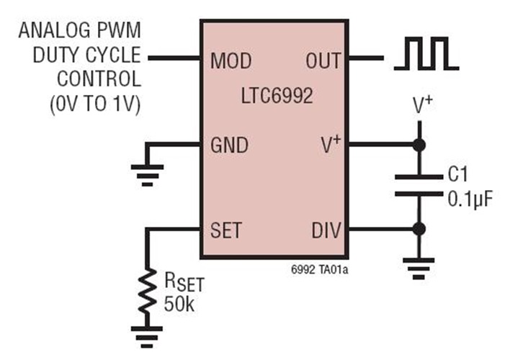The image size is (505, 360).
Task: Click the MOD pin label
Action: tap(231, 60)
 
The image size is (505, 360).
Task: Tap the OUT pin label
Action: tap(321, 60)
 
